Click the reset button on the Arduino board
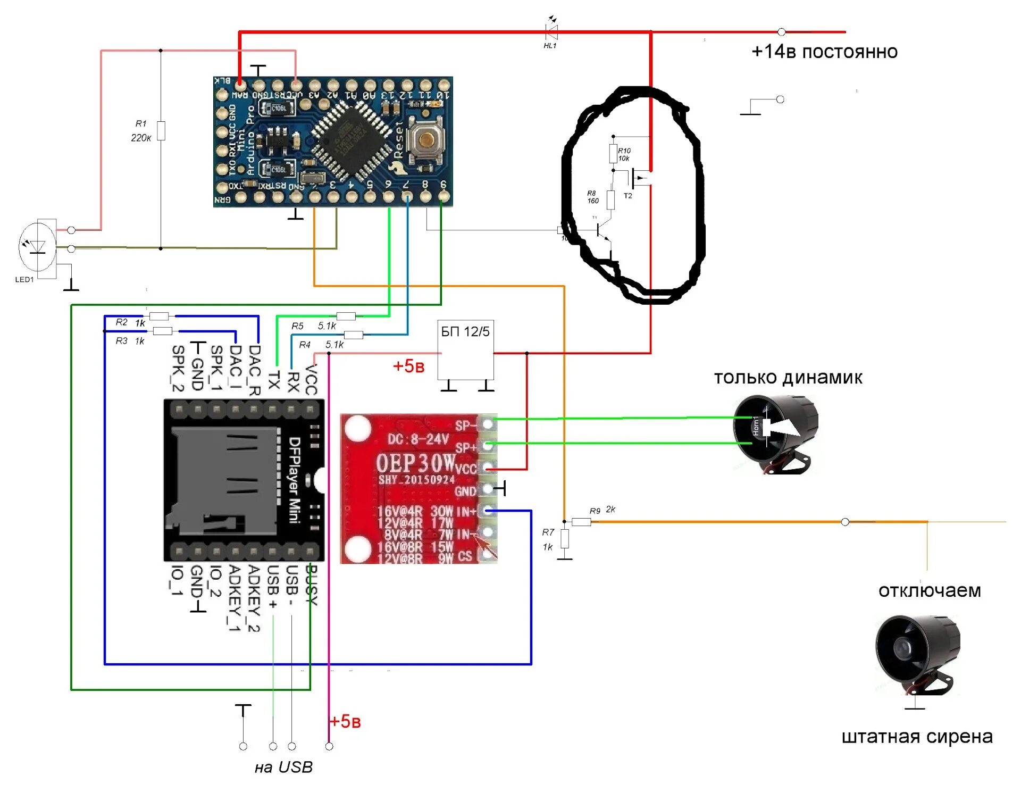[x=425, y=139]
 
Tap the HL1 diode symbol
[x=552, y=32]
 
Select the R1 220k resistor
[x=161, y=131]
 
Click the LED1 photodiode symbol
[x=37, y=247]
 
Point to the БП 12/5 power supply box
[x=465, y=349]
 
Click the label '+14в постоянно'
[x=824, y=52]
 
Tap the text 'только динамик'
[x=788, y=378]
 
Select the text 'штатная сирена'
[x=917, y=737]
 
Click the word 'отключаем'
[x=930, y=591]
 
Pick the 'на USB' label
[x=283, y=767]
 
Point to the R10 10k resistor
[x=613, y=154]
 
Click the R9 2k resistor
[x=581, y=522]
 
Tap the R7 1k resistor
[x=565, y=539]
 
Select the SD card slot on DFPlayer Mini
[x=223, y=481]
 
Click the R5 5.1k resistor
[x=346, y=316]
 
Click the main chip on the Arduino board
[x=349, y=140]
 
